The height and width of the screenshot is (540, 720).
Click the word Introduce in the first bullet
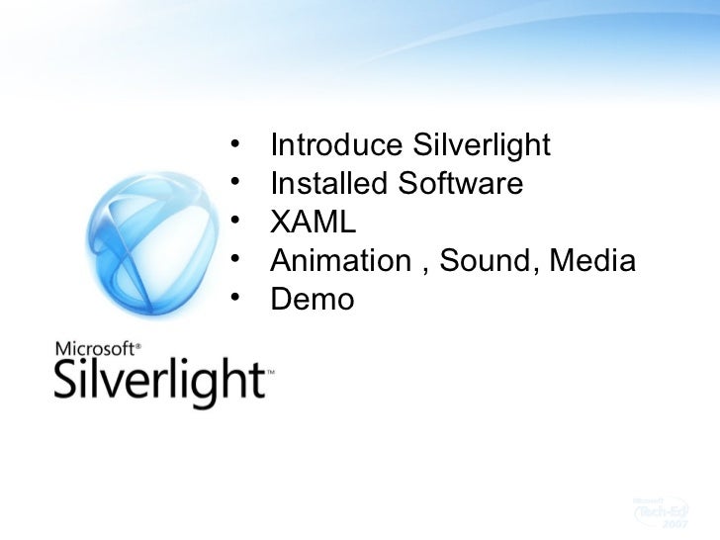point(333,146)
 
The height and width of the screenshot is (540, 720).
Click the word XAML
point(311,223)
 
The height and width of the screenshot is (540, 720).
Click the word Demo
point(312,299)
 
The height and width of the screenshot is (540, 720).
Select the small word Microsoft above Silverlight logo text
point(97,348)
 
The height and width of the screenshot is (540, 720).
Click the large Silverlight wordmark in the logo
point(158,378)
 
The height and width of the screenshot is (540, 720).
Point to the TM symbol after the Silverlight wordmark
point(270,373)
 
